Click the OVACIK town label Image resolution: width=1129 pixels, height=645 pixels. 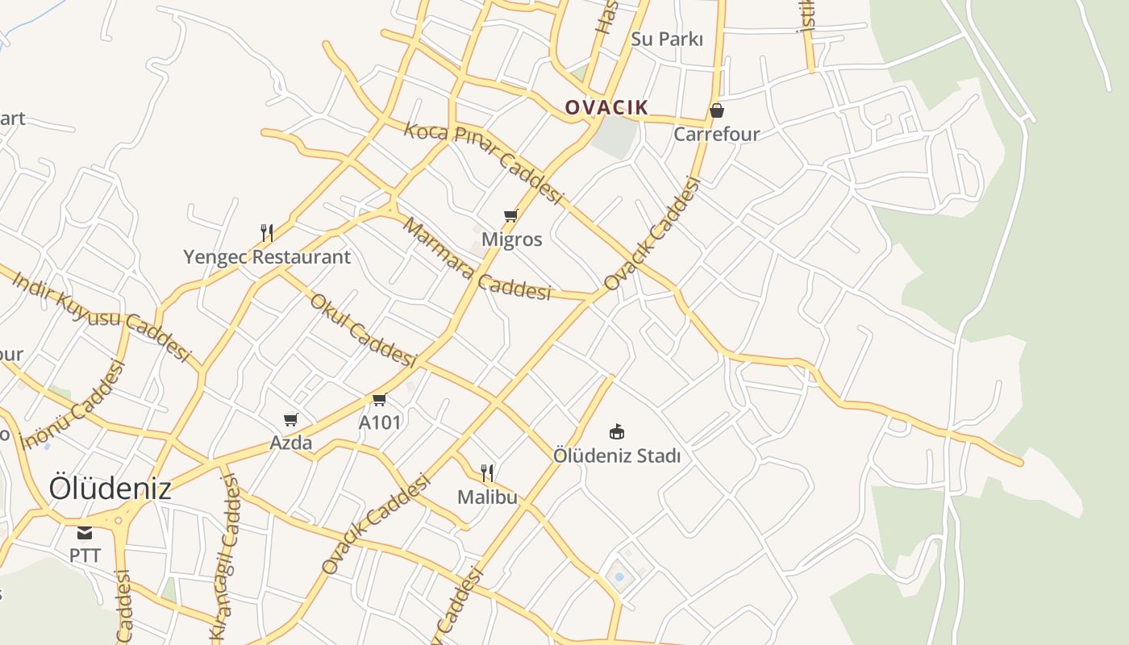pyautogui.click(x=606, y=107)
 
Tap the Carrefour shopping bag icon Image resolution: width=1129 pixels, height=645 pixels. pyautogui.click(x=716, y=110)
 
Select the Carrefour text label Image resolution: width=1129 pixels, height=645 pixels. pyautogui.click(x=716, y=134)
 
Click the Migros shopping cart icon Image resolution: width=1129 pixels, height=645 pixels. pyautogui.click(x=510, y=215)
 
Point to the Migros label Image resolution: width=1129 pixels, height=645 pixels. pyautogui.click(x=511, y=239)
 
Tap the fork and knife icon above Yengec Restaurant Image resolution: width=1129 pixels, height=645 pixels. pyautogui.click(x=267, y=233)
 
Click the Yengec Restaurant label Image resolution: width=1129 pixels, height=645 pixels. pyautogui.click(x=267, y=257)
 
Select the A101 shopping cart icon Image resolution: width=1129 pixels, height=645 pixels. pyautogui.click(x=380, y=399)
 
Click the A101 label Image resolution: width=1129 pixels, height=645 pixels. pyautogui.click(x=380, y=422)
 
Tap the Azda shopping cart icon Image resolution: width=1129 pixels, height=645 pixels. pyautogui.click(x=291, y=419)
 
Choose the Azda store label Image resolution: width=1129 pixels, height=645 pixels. pyautogui.click(x=291, y=443)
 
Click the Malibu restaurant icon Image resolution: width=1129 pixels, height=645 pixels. pyautogui.click(x=487, y=472)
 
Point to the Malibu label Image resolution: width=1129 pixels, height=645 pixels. pyautogui.click(x=487, y=497)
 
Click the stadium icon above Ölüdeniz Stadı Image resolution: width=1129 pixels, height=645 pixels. pyautogui.click(x=617, y=431)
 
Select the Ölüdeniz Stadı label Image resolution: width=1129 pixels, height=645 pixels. pyautogui.click(x=617, y=456)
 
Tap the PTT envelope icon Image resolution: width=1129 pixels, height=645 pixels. pyautogui.click(x=85, y=533)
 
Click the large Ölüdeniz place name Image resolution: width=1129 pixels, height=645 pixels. pyautogui.click(x=110, y=489)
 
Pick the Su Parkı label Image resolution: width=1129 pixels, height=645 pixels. pyautogui.click(x=667, y=39)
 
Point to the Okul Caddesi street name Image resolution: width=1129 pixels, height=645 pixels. pyautogui.click(x=362, y=331)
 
